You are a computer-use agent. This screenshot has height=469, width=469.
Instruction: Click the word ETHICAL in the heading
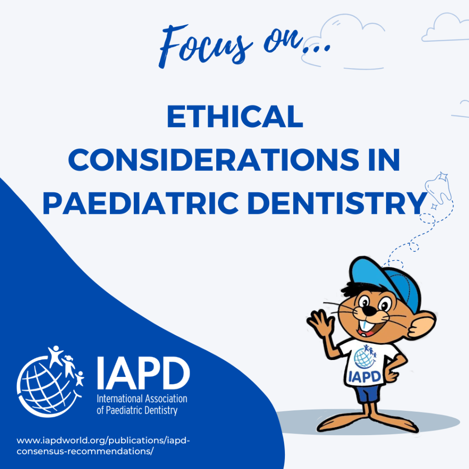pyautogui.click(x=235, y=116)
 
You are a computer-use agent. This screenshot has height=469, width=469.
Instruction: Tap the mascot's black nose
pyautogui.click(x=370, y=311)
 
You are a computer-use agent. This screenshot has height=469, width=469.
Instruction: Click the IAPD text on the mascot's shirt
pyautogui.click(x=365, y=377)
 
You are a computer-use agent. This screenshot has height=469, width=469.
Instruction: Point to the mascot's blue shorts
pyautogui.click(x=368, y=393)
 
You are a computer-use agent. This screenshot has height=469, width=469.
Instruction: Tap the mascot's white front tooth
pyautogui.click(x=363, y=326)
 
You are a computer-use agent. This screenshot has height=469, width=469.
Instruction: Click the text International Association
pyautogui.click(x=142, y=399)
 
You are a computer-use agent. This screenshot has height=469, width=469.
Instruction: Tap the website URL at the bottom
pyautogui.click(x=103, y=446)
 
